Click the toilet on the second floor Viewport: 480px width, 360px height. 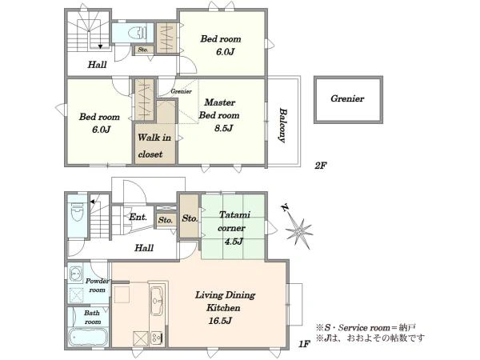point(138,33)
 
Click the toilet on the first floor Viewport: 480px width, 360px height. point(77,212)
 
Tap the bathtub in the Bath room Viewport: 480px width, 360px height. point(88,338)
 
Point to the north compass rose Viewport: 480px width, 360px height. point(298,230)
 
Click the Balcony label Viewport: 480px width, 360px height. point(283,126)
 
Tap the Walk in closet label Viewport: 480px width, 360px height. point(154,146)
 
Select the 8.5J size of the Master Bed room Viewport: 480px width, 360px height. point(223,128)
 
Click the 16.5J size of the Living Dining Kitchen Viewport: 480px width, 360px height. point(220,321)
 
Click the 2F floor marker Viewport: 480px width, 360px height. point(321,166)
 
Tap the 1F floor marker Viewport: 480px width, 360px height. point(304,344)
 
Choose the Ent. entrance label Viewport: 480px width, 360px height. point(138,217)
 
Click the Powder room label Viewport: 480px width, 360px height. point(97,286)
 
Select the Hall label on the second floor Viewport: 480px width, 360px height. point(97,65)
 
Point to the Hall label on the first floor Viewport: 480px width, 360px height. point(144,248)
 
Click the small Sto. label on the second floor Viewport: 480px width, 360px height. point(143,50)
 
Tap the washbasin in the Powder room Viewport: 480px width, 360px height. point(76,274)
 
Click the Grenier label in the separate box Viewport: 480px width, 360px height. point(347,98)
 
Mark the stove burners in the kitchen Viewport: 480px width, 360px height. point(157,338)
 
